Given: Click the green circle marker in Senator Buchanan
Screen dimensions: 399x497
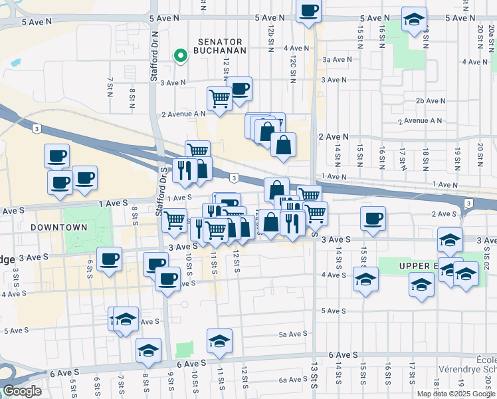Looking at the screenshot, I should (179, 57).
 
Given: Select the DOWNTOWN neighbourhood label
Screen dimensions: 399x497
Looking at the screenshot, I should (58, 227).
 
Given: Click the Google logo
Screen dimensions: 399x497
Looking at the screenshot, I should (22, 390).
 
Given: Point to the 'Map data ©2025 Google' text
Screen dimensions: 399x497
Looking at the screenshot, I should (455, 394).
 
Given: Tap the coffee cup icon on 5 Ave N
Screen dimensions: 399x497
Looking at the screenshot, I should (309, 11).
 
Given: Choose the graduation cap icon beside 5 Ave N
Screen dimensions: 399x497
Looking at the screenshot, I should (414, 19).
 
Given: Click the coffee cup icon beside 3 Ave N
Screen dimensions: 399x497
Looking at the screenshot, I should (239, 88).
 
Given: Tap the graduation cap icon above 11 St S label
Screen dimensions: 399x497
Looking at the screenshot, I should (219, 341).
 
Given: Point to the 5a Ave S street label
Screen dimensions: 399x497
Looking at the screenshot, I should (292, 334).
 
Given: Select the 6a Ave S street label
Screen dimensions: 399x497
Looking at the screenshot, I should (292, 380).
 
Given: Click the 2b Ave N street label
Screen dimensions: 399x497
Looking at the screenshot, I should (430, 101).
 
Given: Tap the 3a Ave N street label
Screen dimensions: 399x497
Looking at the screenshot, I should (337, 59).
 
